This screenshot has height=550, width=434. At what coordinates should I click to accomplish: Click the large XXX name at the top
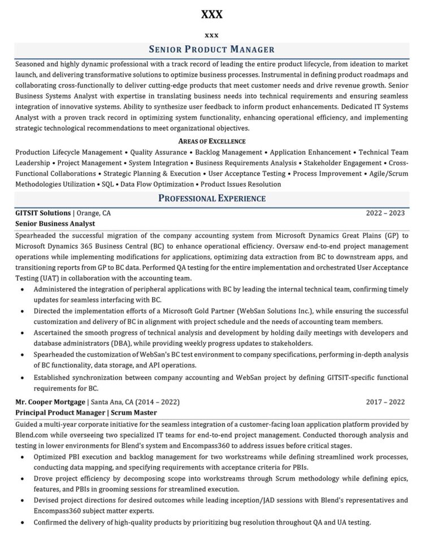(212, 14)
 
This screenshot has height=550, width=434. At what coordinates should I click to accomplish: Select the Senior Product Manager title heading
(212, 50)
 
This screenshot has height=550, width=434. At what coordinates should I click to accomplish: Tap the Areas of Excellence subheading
(212, 141)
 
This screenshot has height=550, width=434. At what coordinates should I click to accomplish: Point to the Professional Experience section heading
(212, 198)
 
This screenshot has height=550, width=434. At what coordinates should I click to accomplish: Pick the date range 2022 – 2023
(385, 213)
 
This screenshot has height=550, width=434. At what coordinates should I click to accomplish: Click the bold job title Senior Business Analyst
(55, 223)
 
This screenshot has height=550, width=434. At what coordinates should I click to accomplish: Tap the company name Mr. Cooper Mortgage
(50, 402)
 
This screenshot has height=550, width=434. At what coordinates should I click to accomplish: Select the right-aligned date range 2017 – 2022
(385, 402)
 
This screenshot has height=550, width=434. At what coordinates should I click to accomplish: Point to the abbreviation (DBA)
(124, 343)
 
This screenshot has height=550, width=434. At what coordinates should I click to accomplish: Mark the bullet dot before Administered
(22, 289)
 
